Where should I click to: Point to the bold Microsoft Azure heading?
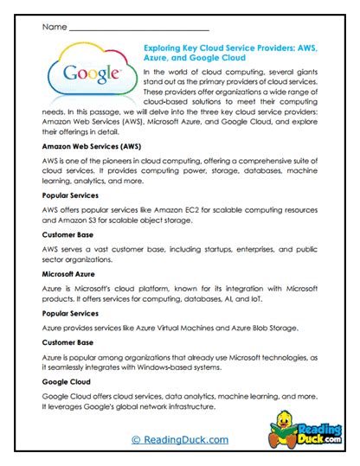point(72,273)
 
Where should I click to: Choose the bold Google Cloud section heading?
point(67,381)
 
